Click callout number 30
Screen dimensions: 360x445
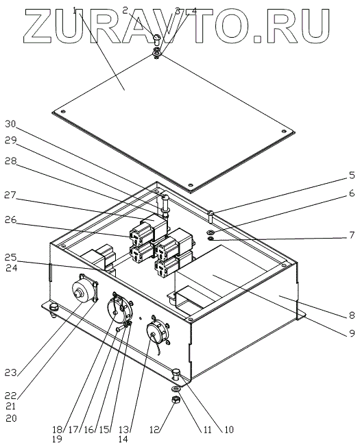tap(11, 124)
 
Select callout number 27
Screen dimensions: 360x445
tap(11, 195)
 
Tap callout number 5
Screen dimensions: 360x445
tap(352, 175)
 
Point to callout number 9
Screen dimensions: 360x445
tap(352, 333)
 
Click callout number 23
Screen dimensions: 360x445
tap(11, 372)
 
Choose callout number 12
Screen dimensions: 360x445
tap(156, 430)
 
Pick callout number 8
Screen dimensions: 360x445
tap(352, 315)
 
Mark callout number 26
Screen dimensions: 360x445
tap(11, 220)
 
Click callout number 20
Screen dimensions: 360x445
tap(11, 418)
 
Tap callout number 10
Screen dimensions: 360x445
tap(228, 430)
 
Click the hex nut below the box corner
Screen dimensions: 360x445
tap(176, 400)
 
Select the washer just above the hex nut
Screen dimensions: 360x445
tap(176, 388)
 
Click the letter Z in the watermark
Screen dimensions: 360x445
tap(40, 26)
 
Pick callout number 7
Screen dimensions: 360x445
tap(352, 235)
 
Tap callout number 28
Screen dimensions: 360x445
tap(11, 161)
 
